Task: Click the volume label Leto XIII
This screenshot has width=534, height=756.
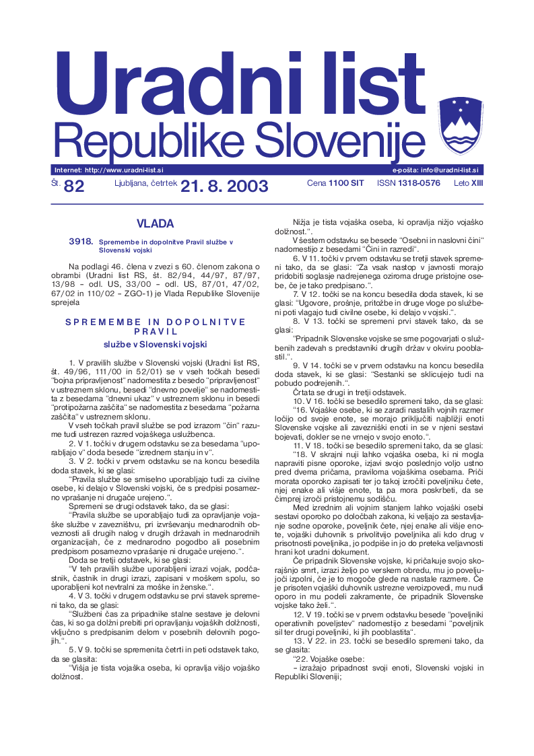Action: (468, 183)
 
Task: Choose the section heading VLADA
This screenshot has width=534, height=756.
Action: (155, 223)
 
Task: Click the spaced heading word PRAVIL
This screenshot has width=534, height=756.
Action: (155, 331)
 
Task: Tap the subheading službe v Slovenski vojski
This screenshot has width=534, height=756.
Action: (156, 343)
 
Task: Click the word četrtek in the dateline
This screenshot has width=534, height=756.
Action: (160, 183)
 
